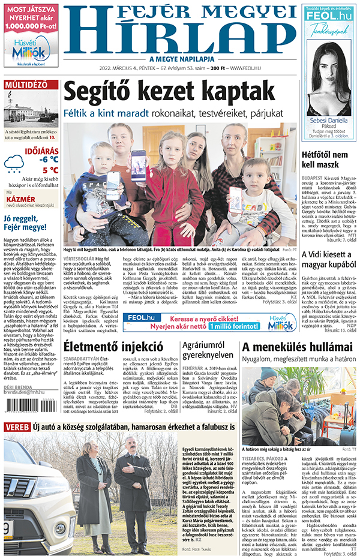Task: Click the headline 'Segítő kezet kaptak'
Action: (164, 92)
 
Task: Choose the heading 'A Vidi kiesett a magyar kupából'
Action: (326, 259)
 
